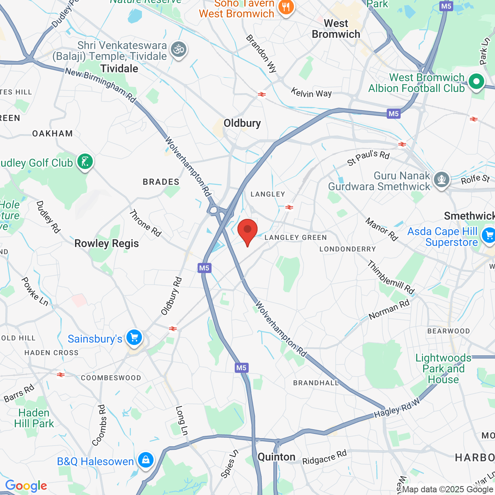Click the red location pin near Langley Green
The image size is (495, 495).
pos(247,230)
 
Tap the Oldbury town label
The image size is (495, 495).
pos(242,123)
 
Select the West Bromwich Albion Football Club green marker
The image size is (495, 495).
pos(476,82)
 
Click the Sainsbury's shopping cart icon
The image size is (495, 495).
pos(134,338)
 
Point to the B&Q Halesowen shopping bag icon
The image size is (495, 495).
pos(145,460)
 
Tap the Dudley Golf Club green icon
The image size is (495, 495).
pos(85,161)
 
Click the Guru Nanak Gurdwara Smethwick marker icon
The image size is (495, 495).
pos(441,179)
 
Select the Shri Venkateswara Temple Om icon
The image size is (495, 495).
pos(179,49)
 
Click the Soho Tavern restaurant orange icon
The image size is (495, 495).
pos(286,7)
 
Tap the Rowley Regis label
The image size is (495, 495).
pos(106,244)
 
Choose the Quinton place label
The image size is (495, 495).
pos(277,457)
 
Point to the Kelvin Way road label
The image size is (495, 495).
pos(311,93)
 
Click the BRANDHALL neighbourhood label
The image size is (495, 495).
pos(316,383)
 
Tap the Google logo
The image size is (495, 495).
pos(26,486)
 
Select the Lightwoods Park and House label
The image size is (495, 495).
pos(443,369)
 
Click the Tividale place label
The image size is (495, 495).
pos(119,69)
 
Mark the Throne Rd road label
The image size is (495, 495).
pos(145,223)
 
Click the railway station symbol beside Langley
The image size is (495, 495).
pos(289,207)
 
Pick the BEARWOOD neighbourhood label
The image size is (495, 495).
pos(449,331)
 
